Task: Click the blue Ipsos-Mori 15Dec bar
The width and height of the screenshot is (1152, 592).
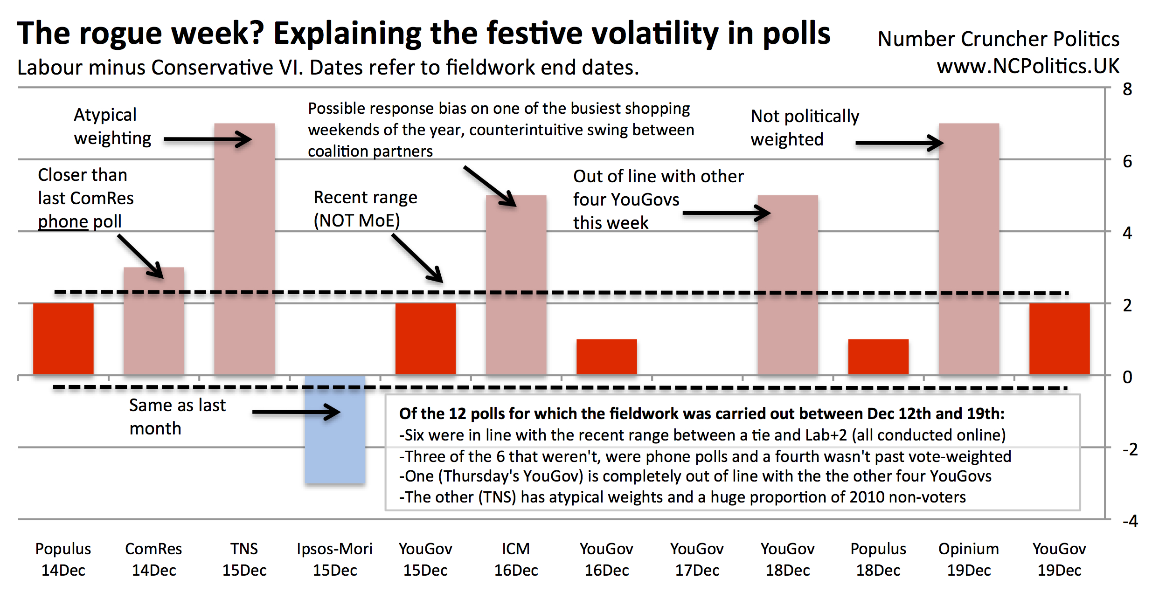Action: (x=335, y=429)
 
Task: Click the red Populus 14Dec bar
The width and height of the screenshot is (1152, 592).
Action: (x=63, y=339)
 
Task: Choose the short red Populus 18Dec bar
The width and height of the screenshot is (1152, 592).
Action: (x=878, y=357)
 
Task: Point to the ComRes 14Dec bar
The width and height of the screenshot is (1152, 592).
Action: (x=154, y=321)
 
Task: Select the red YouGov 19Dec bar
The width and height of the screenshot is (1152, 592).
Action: (x=1059, y=339)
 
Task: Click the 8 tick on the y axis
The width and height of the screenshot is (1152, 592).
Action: (x=1127, y=89)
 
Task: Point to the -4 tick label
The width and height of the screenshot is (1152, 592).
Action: (x=1130, y=521)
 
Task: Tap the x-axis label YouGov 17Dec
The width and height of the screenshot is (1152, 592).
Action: (x=697, y=559)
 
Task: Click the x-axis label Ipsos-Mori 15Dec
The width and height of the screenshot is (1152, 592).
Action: (x=335, y=559)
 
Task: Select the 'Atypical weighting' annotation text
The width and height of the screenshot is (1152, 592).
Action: (x=112, y=126)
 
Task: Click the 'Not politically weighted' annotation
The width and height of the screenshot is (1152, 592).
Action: (x=805, y=128)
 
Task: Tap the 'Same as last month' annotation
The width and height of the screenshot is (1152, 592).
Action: (x=177, y=417)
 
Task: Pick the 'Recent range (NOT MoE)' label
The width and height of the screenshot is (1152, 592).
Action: (x=365, y=209)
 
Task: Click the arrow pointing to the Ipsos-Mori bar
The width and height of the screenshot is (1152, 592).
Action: (x=296, y=412)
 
